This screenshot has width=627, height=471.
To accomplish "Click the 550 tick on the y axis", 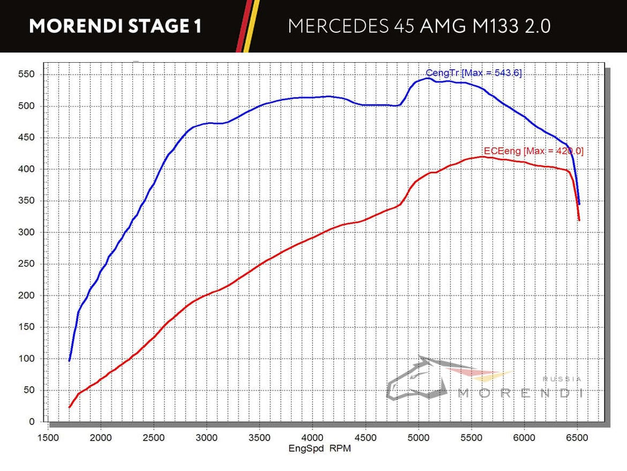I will tap(28, 74).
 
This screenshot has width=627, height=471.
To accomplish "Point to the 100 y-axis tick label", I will tap(28, 359).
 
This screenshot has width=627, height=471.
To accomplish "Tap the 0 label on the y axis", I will tap(32, 422).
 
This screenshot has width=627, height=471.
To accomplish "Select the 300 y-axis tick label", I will tap(28, 233).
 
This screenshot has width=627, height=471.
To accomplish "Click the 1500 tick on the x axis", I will tap(48, 437).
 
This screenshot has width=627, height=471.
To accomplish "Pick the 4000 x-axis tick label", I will tap(312, 437).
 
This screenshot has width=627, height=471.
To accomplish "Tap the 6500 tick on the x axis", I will tap(578, 437).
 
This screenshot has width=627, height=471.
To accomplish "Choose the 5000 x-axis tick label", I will tap(418, 437).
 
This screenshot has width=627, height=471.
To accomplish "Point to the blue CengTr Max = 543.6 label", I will tap(473, 73).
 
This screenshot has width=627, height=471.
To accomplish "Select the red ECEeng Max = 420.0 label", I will tap(533, 151).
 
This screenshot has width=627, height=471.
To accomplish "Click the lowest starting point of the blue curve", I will tap(70, 360).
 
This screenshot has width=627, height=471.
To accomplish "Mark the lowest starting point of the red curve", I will tap(70, 407).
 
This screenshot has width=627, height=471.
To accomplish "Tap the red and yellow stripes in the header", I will tap(246, 26).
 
